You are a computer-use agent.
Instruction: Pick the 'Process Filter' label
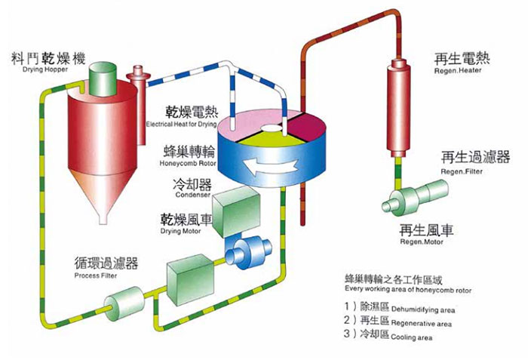tap(96, 275)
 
